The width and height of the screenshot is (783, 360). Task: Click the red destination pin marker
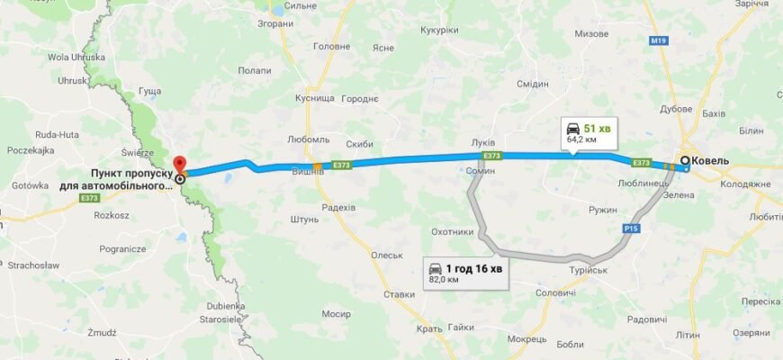[178, 164]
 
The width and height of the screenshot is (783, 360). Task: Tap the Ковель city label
[710, 162]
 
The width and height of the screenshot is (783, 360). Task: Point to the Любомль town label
[308, 140]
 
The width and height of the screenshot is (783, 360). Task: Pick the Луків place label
[483, 143]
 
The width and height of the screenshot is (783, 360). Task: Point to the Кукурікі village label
[439, 30]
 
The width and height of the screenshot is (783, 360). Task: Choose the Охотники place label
[452, 231]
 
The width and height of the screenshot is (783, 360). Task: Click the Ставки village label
[399, 294]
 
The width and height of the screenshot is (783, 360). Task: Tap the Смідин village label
[533, 84]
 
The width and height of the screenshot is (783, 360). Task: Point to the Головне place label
[330, 46]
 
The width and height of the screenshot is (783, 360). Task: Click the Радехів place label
[338, 207]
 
